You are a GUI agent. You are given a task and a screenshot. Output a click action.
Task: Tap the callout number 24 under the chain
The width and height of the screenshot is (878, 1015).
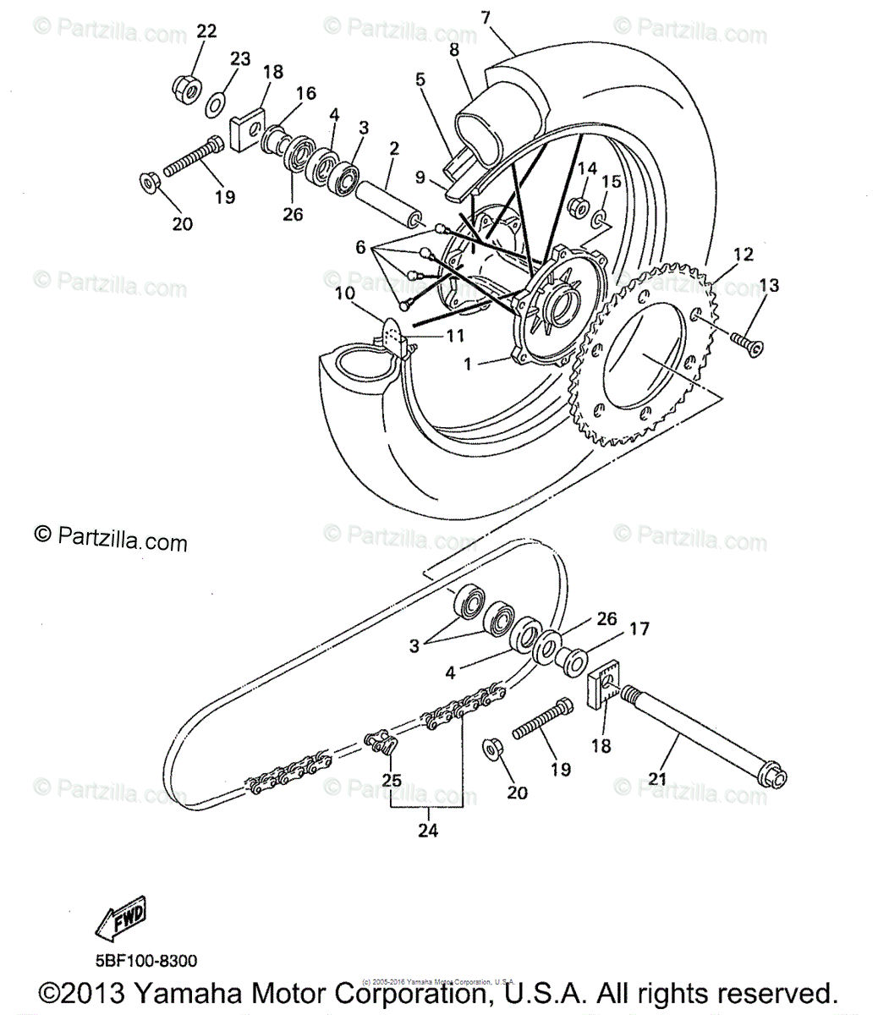tap(428, 830)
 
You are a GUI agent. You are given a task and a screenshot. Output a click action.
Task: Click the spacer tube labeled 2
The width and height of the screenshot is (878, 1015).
tap(388, 208)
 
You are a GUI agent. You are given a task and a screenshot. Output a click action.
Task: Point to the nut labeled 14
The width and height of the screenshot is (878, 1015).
tap(581, 206)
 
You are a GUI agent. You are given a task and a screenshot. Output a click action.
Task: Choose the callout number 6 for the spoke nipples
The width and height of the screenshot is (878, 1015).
tap(360, 248)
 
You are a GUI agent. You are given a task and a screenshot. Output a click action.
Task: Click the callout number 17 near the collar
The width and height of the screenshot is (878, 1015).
tap(639, 629)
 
